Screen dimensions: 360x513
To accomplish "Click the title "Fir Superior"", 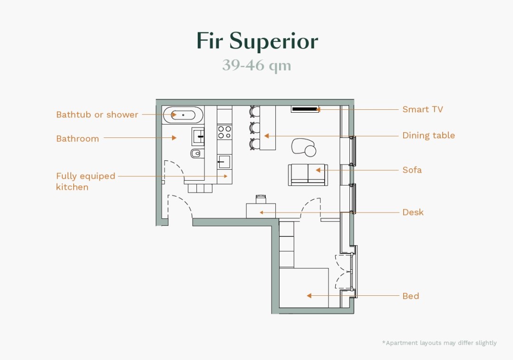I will pos(257,41).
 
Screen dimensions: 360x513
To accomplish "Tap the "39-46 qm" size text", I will pos(256,65).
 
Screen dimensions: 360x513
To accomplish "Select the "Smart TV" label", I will pos(422,109).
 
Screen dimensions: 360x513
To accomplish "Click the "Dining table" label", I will pos(428,136).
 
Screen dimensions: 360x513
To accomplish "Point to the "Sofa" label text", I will pos(412,170).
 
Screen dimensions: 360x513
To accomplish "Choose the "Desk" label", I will pos(413,212).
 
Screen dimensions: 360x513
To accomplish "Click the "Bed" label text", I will pos(410,296).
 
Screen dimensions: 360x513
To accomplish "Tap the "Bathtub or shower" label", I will pos(97,115).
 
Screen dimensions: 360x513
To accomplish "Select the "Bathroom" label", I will pos(77,139).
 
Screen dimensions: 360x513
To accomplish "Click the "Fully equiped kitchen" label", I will pos(86,181).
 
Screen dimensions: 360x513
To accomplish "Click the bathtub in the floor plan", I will pos(183,115).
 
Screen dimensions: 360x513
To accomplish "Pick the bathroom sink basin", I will pos(199,136).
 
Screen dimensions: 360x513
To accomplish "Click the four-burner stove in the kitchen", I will pos(224,132).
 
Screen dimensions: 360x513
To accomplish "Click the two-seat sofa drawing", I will pos(308,175).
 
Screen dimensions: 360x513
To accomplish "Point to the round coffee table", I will pos(310,151).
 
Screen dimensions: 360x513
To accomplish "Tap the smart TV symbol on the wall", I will pos(305,109).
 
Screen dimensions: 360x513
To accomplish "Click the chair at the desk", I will pos(261,198).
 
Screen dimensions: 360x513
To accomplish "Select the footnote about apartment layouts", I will pos(439,343).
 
